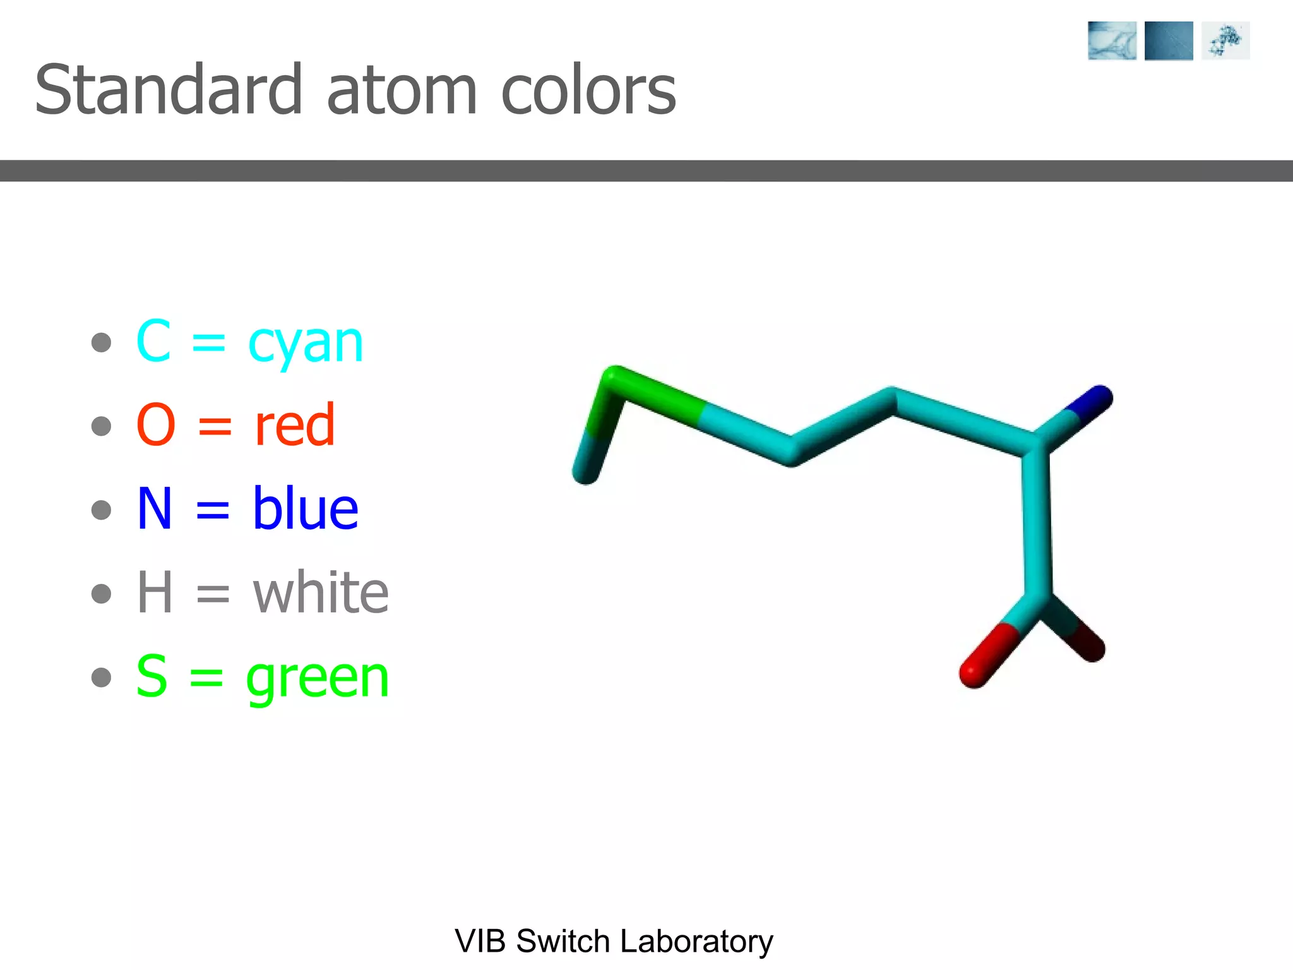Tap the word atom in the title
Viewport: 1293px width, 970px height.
tap(402, 92)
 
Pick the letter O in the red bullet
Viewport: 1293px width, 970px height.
tap(155, 425)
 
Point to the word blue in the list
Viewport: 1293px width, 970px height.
tap(306, 508)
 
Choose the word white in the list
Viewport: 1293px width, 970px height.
tap(321, 592)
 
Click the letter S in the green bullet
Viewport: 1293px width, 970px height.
tap(152, 676)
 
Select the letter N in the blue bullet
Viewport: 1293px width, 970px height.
tap(155, 508)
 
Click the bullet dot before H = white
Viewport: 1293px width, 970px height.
tap(101, 594)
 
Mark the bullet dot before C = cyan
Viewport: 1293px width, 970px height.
tap(101, 343)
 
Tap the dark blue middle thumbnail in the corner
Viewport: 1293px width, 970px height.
tap(1168, 40)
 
